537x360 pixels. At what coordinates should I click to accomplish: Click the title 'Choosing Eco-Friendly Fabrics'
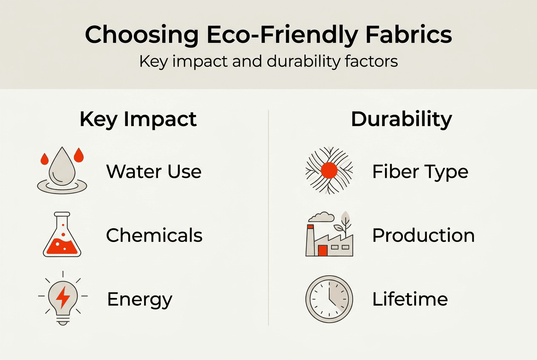point(268,35)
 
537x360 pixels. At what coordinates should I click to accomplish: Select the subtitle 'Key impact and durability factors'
point(268,62)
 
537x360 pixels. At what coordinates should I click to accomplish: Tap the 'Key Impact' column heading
point(138,120)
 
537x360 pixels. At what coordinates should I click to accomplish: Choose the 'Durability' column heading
point(401,120)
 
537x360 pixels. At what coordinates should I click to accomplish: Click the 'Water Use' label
point(154,172)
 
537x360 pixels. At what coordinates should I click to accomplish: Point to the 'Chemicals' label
point(154,235)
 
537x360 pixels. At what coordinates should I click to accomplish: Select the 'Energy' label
point(140,299)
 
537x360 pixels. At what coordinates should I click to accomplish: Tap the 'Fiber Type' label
point(420,172)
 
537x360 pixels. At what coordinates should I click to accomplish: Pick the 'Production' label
point(423,235)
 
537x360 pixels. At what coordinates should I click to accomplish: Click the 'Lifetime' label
point(410,299)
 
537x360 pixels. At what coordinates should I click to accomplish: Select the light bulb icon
point(63,299)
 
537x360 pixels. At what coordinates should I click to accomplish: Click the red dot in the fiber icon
point(329,171)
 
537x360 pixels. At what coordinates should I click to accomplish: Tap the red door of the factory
point(323,250)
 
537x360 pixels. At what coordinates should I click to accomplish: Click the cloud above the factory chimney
point(322,217)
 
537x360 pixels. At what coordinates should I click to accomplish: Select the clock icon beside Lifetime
point(329,299)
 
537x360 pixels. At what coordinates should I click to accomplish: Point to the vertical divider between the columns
point(268,217)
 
